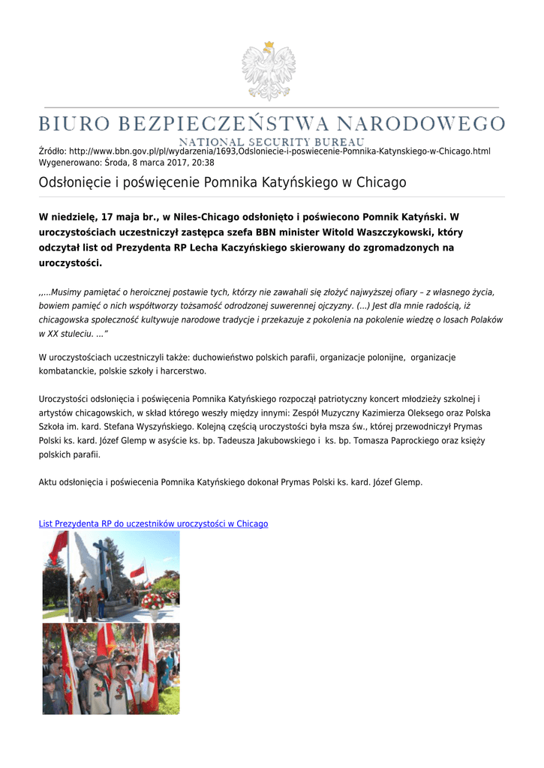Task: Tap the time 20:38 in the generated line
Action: [x=203, y=162]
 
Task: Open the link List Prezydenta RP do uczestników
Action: [x=153, y=523]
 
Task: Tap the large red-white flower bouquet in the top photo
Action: [x=152, y=601]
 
